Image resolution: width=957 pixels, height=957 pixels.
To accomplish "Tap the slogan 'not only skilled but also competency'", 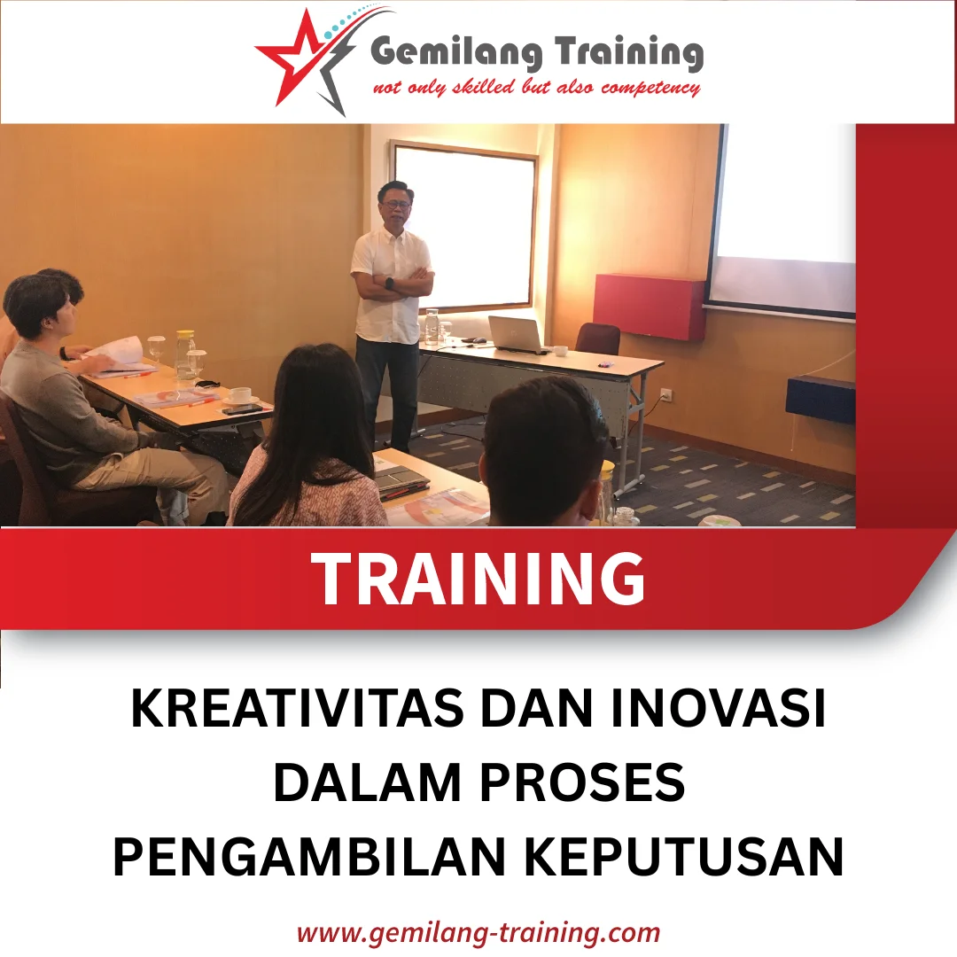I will [536, 88].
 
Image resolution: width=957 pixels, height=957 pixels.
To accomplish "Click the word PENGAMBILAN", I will [301, 857].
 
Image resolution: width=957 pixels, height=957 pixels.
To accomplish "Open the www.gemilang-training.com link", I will [478, 933].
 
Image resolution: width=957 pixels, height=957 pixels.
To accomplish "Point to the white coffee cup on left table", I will [240, 396].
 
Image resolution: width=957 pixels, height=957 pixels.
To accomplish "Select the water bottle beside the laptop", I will [432, 327].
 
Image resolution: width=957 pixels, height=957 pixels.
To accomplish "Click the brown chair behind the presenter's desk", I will [598, 339].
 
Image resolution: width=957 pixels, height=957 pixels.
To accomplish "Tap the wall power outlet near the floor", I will [666, 394].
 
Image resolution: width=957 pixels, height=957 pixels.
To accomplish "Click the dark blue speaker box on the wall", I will [820, 398].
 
